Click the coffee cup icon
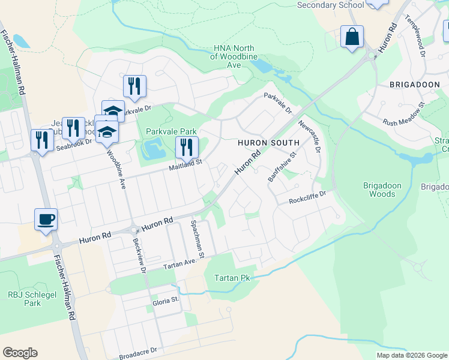click(46, 220)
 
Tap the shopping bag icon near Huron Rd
click(352, 37)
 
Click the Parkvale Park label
click(171, 131)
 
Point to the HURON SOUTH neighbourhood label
click(268, 143)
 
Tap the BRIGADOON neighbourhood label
click(414, 85)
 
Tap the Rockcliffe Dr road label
click(306, 197)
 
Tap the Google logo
click(20, 353)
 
